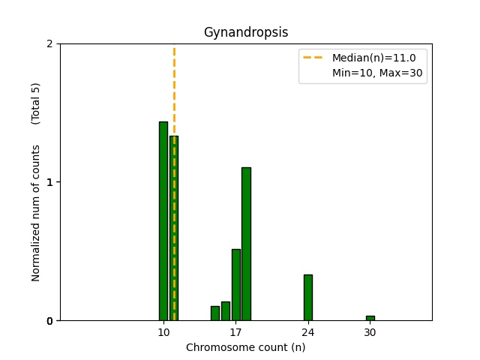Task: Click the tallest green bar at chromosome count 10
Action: pyautogui.click(x=163, y=221)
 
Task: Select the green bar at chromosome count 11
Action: pyautogui.click(x=174, y=228)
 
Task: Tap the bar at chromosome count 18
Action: pyautogui.click(x=246, y=244)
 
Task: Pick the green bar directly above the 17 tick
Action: pyautogui.click(x=235, y=285)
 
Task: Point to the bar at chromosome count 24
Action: pyautogui.click(x=307, y=298)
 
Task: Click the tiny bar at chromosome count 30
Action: pyautogui.click(x=370, y=318)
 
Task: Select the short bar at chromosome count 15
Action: pyautogui.click(x=215, y=313)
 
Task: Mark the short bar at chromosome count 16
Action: pyautogui.click(x=225, y=311)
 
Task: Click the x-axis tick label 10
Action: pyautogui.click(x=163, y=332)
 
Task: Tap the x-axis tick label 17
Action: pyautogui.click(x=235, y=332)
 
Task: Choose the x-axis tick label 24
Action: pyautogui.click(x=307, y=332)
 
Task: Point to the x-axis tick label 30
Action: pyautogui.click(x=370, y=332)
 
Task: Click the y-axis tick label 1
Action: pyautogui.click(x=50, y=182)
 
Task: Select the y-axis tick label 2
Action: pyautogui.click(x=50, y=43)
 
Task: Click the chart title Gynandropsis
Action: pyautogui.click(x=246, y=32)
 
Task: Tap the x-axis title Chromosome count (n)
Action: pyautogui.click(x=246, y=347)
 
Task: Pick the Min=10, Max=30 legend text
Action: pyautogui.click(x=379, y=73)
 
